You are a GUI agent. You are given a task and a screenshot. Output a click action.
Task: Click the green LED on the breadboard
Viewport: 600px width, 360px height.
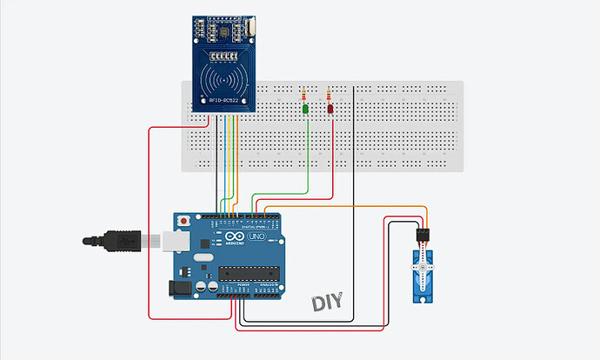305,110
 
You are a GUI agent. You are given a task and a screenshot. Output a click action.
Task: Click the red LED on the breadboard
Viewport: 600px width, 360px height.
330,110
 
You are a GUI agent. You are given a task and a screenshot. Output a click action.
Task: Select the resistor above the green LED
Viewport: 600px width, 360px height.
303,95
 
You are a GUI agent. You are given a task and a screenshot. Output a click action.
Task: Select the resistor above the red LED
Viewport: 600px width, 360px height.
329,95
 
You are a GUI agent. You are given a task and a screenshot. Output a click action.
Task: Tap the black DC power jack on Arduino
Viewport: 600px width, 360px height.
180,288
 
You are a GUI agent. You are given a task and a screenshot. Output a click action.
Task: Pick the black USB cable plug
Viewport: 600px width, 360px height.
122,237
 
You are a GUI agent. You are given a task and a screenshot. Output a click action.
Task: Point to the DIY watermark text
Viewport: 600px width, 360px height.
327,303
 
